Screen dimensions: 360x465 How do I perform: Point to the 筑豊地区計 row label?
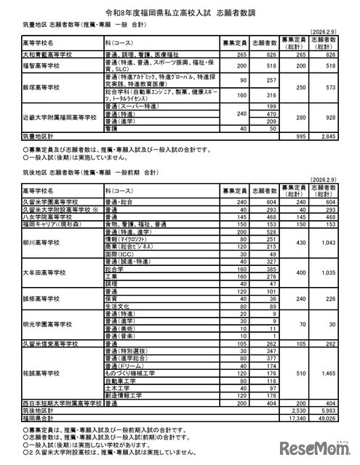pyautogui.click(x=36, y=136)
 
